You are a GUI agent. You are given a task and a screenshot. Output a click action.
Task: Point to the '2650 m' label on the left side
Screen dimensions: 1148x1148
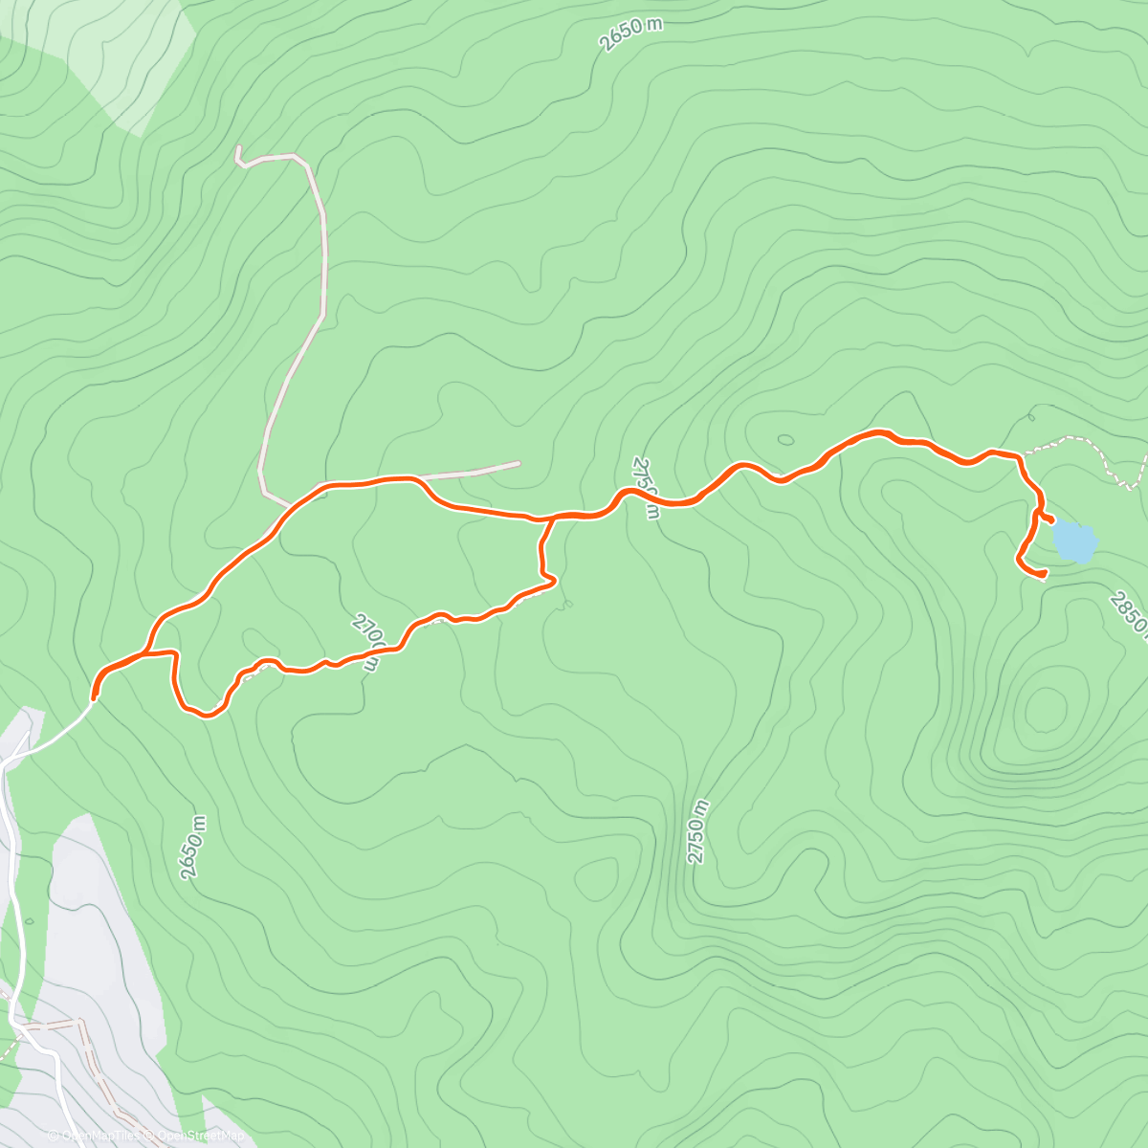(192, 848)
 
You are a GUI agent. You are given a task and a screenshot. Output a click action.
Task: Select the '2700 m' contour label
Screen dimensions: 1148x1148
(368, 644)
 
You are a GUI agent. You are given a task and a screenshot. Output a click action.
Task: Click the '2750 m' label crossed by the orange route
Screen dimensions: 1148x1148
(646, 488)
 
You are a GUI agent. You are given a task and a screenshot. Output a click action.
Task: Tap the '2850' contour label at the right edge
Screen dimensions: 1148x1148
(1130, 612)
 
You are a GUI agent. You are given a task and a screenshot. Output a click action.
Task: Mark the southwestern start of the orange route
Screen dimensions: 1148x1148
(94, 696)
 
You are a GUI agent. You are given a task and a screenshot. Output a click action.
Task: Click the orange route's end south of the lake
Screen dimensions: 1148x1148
(1044, 574)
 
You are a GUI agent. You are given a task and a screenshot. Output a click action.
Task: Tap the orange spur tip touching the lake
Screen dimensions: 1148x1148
(1051, 520)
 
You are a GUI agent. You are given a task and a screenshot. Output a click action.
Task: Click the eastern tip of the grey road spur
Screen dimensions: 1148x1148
(519, 464)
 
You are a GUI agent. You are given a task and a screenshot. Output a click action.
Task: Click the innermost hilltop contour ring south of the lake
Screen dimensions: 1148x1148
(1045, 709)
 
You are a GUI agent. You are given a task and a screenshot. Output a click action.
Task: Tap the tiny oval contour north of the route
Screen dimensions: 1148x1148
(785, 440)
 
